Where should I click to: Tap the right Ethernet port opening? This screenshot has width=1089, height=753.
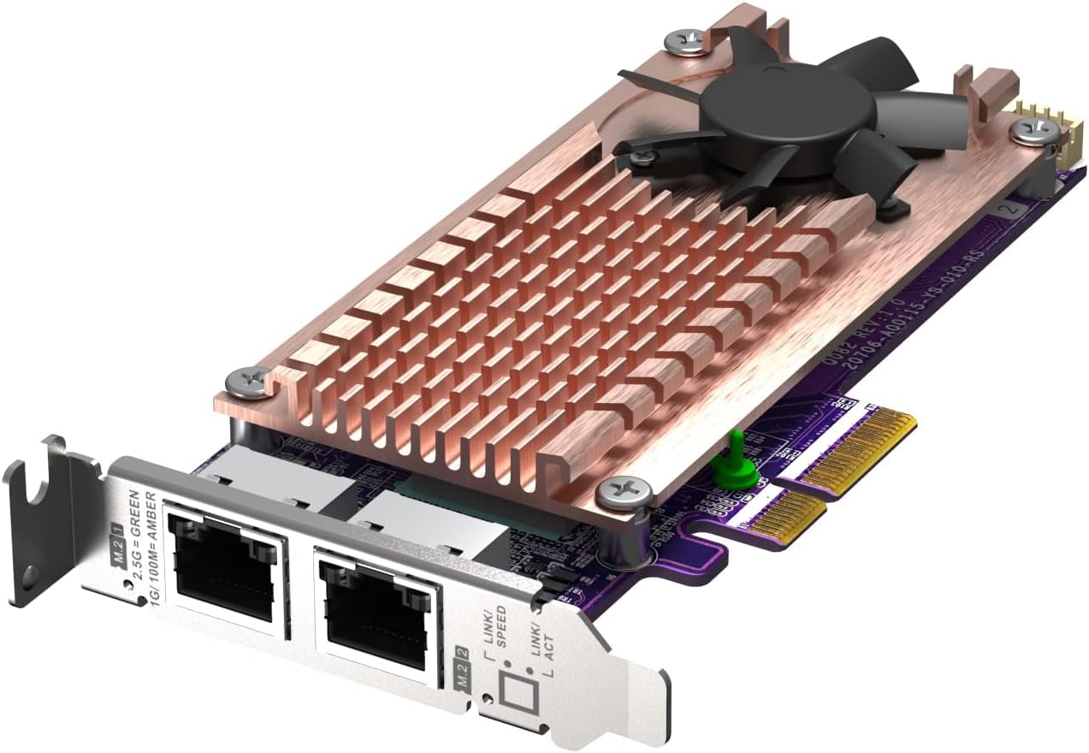pyautogui.click(x=373, y=607)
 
